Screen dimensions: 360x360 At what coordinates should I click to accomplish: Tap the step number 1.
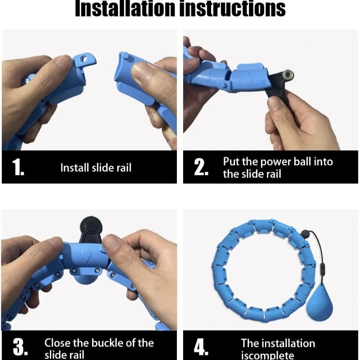click(x=18, y=167)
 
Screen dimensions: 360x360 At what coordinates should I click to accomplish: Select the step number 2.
click(x=201, y=167)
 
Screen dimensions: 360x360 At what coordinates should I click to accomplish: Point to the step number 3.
click(x=20, y=346)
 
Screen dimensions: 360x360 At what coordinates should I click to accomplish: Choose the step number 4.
click(x=201, y=347)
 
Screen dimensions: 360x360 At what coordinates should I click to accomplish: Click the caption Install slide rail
click(x=96, y=167)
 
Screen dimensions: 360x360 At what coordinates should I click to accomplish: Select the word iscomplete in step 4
click(x=267, y=355)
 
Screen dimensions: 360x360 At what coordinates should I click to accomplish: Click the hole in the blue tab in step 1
click(x=84, y=59)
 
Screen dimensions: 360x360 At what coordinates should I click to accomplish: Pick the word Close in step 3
click(x=58, y=343)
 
